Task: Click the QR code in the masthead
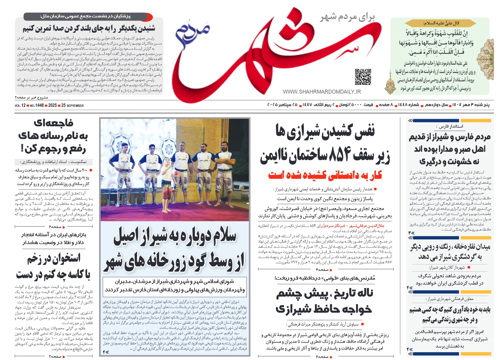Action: click(x=363, y=77)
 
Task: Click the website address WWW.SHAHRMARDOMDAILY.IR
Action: click(x=322, y=92)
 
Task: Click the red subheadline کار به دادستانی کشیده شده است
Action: click(x=325, y=175)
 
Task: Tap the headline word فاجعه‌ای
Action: click(x=54, y=123)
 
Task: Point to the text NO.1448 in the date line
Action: click(x=37, y=106)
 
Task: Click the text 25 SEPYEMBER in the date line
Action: click(x=73, y=106)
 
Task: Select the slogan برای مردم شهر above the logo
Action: click(x=347, y=17)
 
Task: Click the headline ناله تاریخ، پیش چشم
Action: click(x=325, y=293)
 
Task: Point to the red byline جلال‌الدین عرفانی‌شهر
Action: click(x=367, y=226)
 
